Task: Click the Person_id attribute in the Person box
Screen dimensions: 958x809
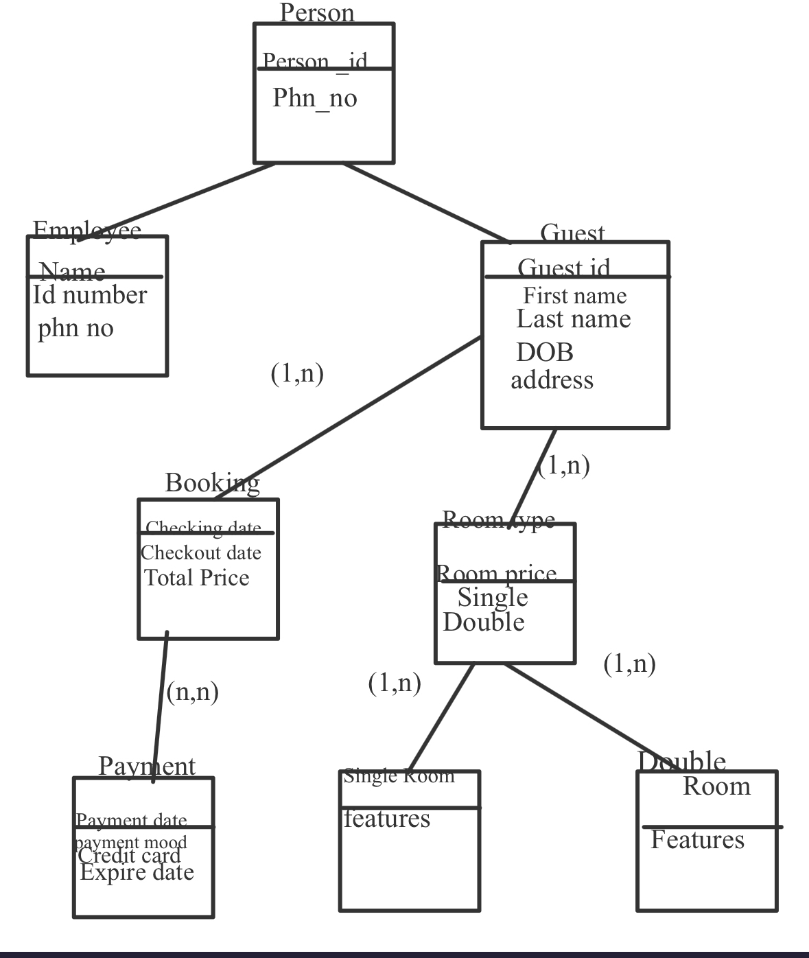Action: click(315, 61)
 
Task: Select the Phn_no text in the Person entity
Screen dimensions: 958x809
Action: click(315, 98)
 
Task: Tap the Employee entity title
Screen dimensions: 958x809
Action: click(87, 230)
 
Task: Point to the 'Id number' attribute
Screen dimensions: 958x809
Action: click(90, 295)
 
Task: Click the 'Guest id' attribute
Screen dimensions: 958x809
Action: click(564, 266)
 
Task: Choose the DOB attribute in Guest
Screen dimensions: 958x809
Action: click(545, 352)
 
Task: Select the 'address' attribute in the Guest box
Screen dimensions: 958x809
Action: click(552, 379)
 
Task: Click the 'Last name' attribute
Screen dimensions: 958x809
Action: click(574, 319)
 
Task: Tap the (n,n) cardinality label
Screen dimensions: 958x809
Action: click(193, 691)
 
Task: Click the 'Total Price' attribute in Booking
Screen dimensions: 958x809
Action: click(197, 578)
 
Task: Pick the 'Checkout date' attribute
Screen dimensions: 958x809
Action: click(201, 552)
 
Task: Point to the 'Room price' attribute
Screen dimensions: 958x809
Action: click(497, 572)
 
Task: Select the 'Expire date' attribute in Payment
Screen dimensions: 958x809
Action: click(137, 872)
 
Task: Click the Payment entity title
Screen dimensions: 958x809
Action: click(147, 766)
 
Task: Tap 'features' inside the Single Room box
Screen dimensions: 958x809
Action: click(387, 819)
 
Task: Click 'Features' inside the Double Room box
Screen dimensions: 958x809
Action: click(697, 839)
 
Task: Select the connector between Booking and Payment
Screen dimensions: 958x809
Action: click(160, 707)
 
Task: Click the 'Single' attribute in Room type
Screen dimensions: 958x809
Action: click(493, 597)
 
